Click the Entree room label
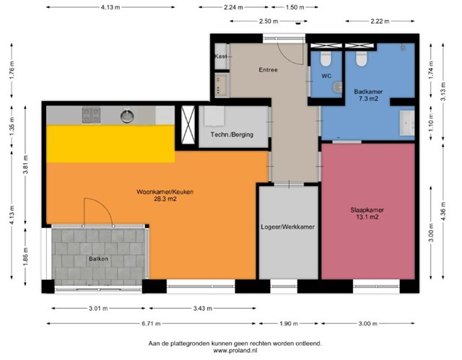(268, 70)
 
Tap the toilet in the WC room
(326, 58)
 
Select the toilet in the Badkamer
(362, 58)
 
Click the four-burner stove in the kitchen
(91, 115)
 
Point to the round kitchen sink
(127, 116)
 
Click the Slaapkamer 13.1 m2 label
(367, 214)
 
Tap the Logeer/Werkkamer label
(287, 227)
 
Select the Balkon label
(98, 259)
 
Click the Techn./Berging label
(232, 134)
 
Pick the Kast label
(221, 56)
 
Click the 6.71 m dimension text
(151, 324)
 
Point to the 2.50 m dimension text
(269, 21)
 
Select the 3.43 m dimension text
(202, 309)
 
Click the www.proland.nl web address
(235, 351)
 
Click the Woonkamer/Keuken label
(165, 192)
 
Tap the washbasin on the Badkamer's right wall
(407, 123)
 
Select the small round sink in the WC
(338, 87)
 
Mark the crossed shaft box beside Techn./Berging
(188, 125)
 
